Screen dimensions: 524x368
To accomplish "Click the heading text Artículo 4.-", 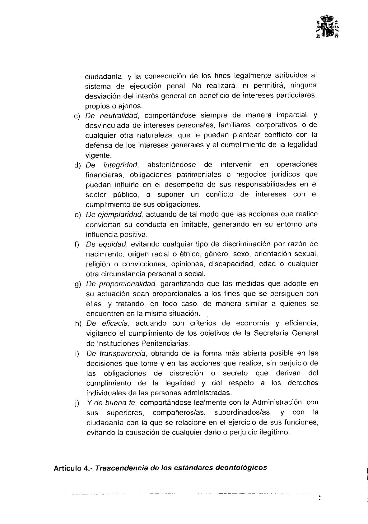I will [x=73, y=468].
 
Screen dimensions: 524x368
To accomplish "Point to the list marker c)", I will [x=77, y=116].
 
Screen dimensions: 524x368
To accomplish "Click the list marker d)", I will [x=77, y=165].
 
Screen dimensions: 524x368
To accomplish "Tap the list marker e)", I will [x=77, y=215].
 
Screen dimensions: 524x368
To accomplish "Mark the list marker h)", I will [x=77, y=324].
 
